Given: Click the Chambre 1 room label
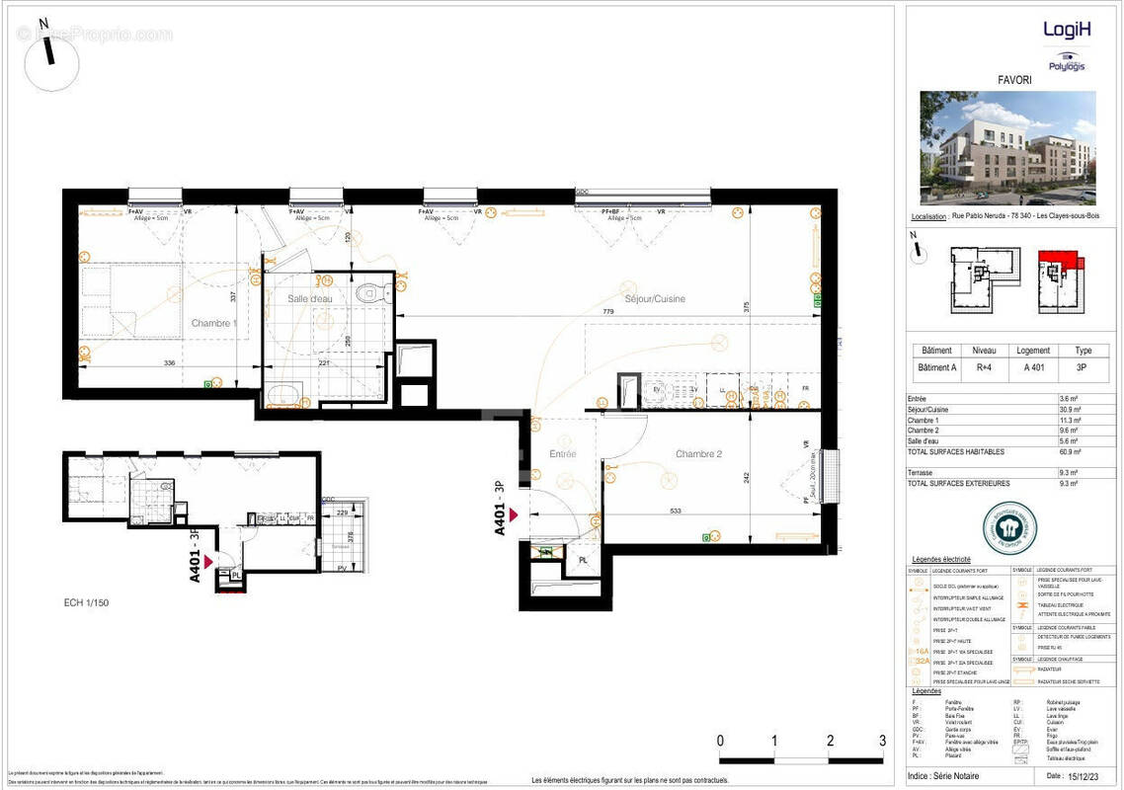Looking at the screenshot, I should (x=213, y=323).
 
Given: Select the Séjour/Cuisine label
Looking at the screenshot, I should (x=654, y=298).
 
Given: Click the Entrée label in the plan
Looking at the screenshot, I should (x=562, y=454).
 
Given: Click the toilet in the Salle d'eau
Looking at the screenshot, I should (x=371, y=292).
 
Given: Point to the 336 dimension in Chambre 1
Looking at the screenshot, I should (x=169, y=363).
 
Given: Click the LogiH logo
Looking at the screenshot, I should (x=1067, y=29).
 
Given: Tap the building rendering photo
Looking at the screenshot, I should (x=1007, y=148).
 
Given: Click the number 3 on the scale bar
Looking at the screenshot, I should (x=882, y=741).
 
